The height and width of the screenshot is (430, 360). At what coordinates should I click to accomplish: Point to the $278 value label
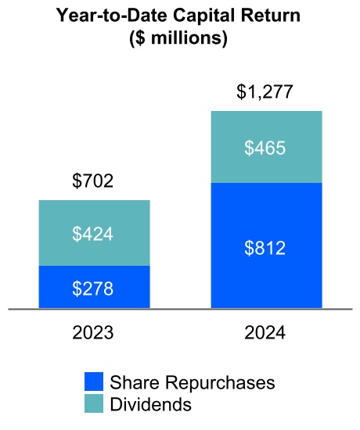(93, 288)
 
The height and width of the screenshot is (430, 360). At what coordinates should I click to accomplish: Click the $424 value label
(93, 234)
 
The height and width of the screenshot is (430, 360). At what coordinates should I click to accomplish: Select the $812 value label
(265, 249)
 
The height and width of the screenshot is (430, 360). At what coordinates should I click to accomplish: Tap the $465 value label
(265, 148)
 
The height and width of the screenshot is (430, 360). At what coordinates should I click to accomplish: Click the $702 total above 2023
(93, 183)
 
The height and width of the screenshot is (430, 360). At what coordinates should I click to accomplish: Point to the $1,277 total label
(265, 93)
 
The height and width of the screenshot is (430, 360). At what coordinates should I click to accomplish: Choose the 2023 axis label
(93, 331)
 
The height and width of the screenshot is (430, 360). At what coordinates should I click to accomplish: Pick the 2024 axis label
(265, 331)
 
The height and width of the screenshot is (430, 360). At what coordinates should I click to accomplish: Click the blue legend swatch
(94, 383)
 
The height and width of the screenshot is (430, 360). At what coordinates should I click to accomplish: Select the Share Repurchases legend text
(193, 383)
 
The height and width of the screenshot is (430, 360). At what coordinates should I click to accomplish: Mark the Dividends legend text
(151, 404)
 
